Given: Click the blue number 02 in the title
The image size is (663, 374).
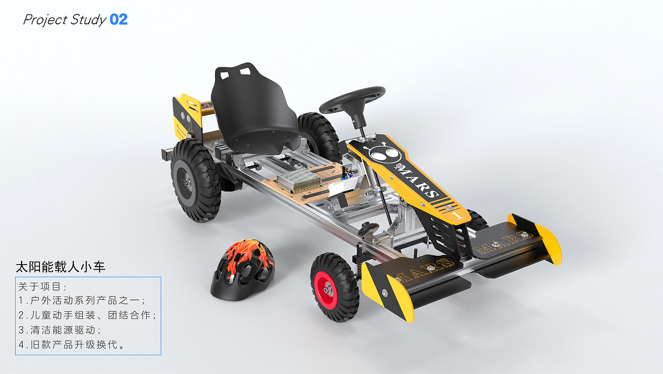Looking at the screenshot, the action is click(x=119, y=20).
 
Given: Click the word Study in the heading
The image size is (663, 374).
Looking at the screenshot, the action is click(x=88, y=20).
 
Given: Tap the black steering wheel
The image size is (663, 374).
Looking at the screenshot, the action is click(x=352, y=100).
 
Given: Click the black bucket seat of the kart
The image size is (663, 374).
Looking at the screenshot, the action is click(x=254, y=109).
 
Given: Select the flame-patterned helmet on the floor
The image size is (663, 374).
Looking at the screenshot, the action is click(x=243, y=270).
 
